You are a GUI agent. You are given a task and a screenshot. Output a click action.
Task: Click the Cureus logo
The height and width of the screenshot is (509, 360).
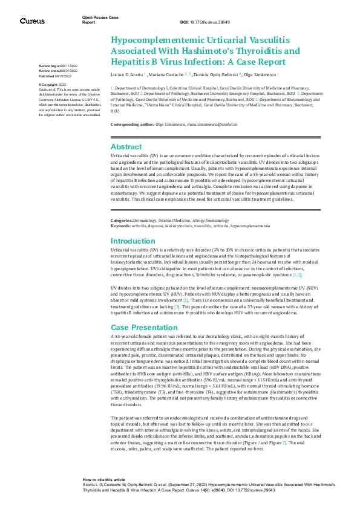32,21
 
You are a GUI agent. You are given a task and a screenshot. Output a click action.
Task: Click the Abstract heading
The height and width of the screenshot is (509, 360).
126,146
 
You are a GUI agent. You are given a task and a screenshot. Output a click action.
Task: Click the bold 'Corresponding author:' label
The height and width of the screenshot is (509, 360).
132,124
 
